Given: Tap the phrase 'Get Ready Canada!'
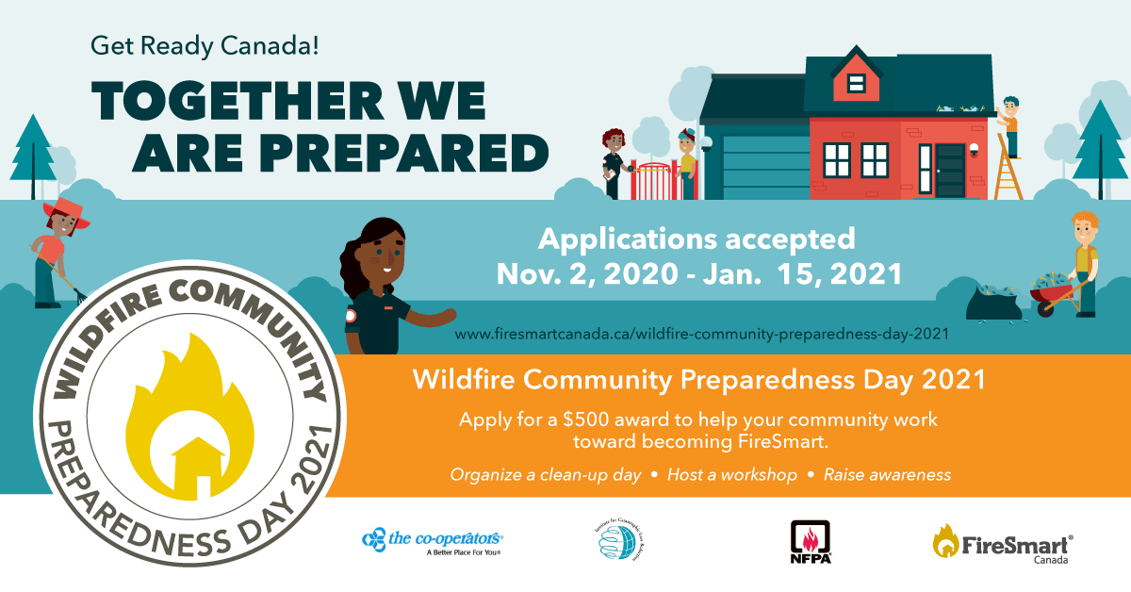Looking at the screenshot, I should pos(205,43).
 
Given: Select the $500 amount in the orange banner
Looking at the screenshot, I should pos(594,419).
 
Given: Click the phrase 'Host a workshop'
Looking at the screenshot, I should pos(732,474).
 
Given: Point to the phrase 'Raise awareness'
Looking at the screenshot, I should pos(887,474).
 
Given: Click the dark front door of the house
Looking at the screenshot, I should pos(950,171).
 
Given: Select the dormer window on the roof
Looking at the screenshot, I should pos(856,83).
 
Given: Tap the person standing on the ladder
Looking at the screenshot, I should pos(1010,123).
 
